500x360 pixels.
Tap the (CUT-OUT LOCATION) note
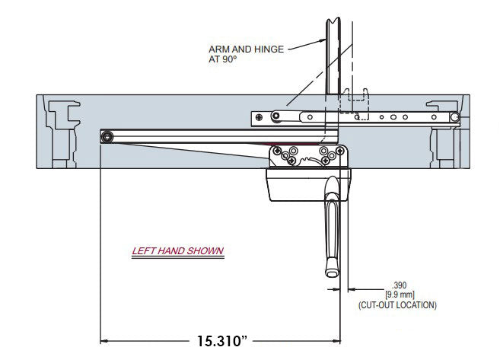(x=396, y=304)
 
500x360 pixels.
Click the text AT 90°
(x=223, y=59)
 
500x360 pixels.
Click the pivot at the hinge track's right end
(x=454, y=117)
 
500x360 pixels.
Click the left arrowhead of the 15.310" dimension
(x=107, y=339)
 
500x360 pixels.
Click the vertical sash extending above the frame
(x=335, y=46)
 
